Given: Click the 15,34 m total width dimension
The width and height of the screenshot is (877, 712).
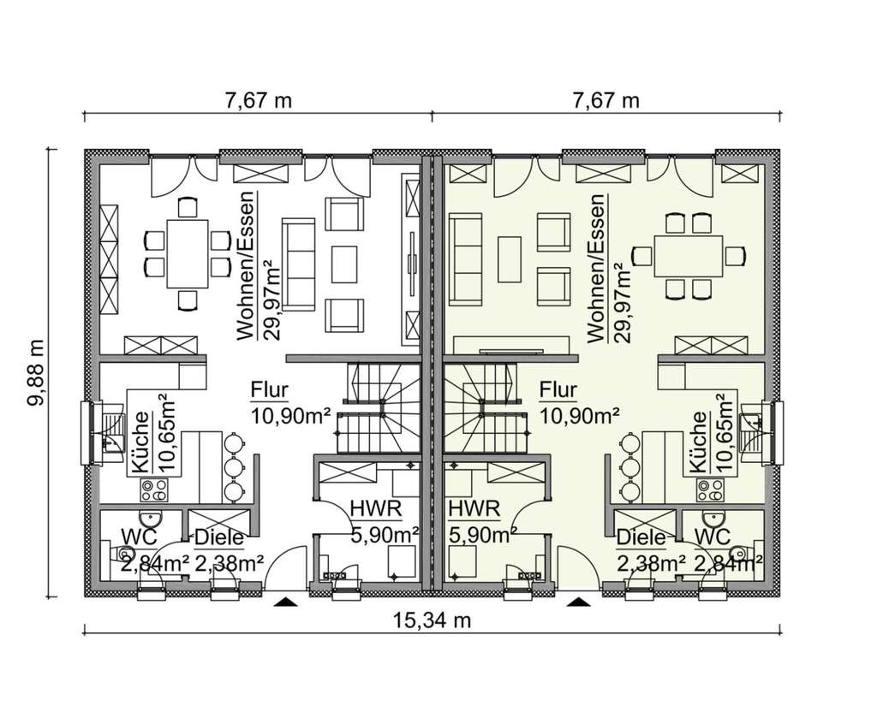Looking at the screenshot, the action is [431, 620].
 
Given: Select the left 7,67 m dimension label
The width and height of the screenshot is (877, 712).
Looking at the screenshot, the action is [258, 101].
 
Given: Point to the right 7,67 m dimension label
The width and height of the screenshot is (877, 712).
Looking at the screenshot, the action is [606, 101].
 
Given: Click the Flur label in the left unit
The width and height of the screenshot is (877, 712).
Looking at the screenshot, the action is [269, 389].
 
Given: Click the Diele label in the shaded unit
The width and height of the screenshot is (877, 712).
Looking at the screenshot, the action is [641, 537].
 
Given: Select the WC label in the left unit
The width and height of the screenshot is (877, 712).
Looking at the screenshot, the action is [140, 537].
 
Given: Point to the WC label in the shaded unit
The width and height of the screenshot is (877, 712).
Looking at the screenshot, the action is [712, 537].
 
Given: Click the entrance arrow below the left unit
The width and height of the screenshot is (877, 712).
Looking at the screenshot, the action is [286, 602].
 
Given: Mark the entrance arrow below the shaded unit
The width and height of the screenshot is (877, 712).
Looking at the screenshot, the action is [580, 602].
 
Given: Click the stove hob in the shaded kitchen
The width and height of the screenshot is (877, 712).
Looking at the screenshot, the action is [709, 490].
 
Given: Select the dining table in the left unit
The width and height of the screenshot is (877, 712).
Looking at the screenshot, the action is [187, 253].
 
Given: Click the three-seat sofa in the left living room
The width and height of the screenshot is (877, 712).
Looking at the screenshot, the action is [299, 264].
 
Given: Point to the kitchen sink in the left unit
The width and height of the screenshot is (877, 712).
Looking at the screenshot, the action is [113, 432].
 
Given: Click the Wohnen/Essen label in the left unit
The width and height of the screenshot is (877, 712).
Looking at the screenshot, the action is [246, 265].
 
